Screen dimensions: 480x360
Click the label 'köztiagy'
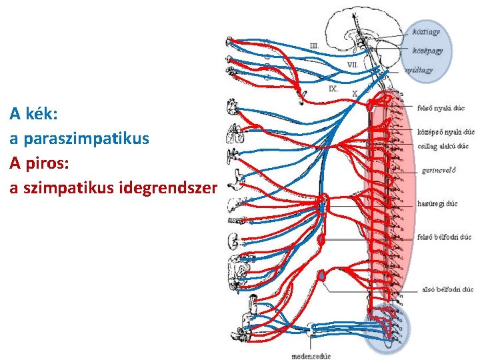coord(426,31)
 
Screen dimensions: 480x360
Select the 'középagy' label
coord(427,50)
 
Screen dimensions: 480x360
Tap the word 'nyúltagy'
coord(419,69)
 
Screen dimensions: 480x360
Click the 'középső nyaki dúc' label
coord(445,132)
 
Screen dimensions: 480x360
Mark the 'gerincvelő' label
coord(439,170)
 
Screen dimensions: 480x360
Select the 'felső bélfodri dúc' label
coord(444,237)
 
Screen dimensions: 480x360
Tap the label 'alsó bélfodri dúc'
coord(447,289)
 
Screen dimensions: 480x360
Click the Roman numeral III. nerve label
coord(315,45)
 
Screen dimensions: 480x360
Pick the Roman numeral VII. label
coord(353,65)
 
